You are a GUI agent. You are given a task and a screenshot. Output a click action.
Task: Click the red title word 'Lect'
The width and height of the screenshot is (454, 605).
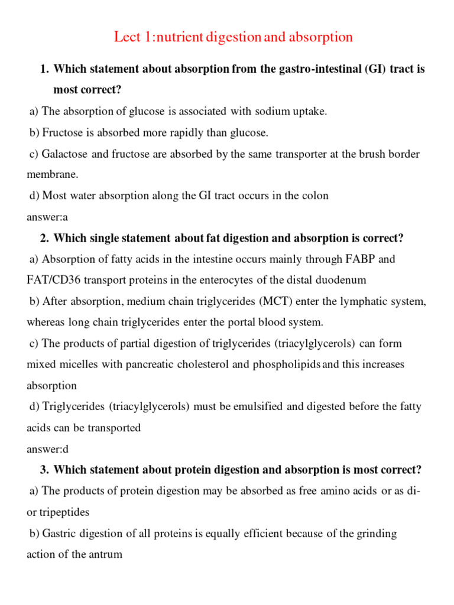click(x=127, y=37)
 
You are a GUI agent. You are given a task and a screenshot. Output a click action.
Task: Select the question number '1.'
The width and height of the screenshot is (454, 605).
click(x=44, y=69)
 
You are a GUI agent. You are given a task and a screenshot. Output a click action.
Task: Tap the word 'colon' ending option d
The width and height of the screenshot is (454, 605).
click(x=315, y=196)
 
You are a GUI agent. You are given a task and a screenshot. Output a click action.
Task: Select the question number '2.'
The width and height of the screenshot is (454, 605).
click(x=44, y=238)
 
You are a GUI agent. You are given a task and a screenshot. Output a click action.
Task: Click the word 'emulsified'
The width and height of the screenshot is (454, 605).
click(x=230, y=406)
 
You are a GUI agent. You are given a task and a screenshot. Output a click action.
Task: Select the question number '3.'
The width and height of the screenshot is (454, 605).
click(x=44, y=470)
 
